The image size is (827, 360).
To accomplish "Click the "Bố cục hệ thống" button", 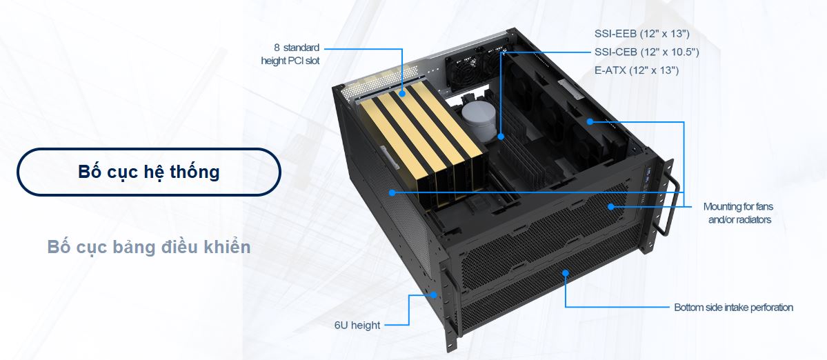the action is (149, 172).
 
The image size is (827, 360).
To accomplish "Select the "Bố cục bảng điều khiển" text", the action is (149, 247).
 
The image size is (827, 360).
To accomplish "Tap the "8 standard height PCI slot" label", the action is (290, 54).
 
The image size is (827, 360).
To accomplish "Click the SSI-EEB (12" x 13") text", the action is (642, 34).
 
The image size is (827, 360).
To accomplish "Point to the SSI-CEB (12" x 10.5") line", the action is (646, 52).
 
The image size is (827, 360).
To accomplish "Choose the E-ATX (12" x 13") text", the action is (637, 70).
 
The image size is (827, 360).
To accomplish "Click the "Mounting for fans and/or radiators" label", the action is (739, 213).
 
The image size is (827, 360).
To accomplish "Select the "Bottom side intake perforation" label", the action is (734, 308).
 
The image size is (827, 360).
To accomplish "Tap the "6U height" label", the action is (357, 326).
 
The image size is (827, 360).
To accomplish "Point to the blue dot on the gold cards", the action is (402, 94).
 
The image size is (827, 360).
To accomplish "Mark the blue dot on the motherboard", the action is (501, 137).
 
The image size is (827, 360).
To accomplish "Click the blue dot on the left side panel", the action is (392, 193).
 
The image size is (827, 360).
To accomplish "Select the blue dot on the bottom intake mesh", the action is (566, 272).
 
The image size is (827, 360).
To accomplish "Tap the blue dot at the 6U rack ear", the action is (434, 294).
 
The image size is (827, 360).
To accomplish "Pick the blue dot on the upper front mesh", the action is (610, 207).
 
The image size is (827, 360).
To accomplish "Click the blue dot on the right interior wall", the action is (590, 122).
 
